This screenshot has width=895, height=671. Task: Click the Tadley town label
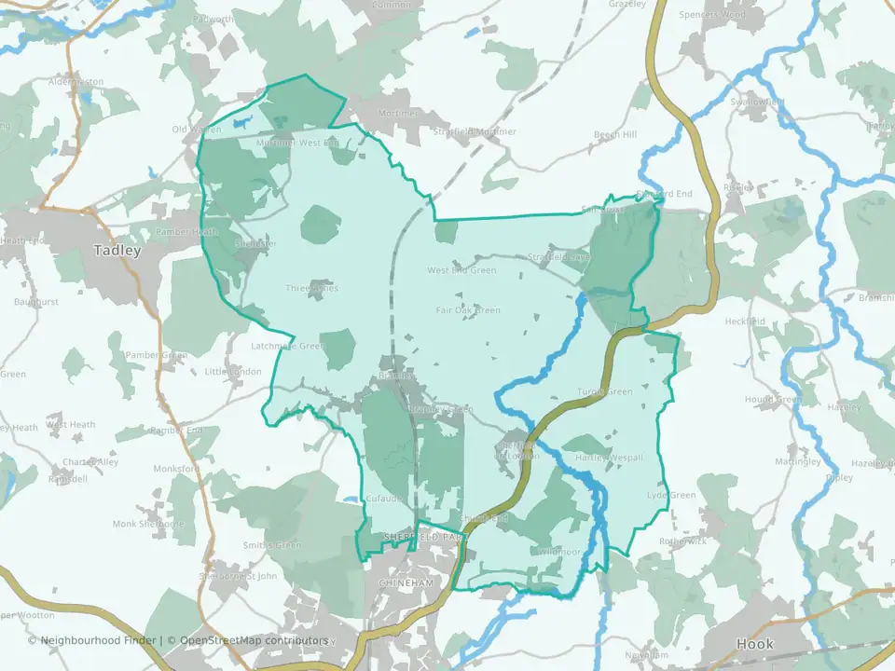117,250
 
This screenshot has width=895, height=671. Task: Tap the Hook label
754,644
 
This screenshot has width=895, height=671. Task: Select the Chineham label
406,582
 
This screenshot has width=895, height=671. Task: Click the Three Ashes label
311,288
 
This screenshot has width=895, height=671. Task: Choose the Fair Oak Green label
468,310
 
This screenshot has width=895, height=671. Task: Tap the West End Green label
461,270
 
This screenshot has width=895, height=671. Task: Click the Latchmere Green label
287,346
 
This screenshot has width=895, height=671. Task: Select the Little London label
233,371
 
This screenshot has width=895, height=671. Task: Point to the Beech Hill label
615,135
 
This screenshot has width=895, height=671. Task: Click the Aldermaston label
76,82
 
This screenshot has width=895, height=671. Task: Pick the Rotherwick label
683,541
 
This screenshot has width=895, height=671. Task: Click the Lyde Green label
671,495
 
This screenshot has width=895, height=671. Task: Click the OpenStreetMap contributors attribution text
254,640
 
